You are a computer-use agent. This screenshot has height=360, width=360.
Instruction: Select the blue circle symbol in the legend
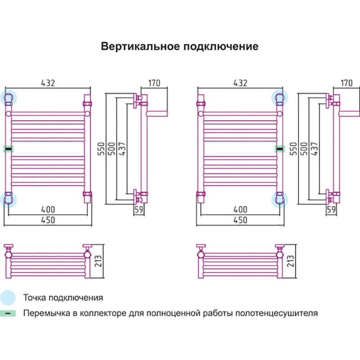8,297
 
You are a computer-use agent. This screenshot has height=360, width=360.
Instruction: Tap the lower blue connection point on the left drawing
9,198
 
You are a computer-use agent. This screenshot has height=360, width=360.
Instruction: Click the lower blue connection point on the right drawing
280,198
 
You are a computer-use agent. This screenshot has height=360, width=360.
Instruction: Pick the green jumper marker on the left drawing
9,148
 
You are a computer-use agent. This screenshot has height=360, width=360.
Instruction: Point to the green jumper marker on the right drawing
279,148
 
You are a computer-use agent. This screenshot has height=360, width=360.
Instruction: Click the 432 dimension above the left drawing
48,83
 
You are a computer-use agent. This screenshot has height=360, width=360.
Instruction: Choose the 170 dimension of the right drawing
346,83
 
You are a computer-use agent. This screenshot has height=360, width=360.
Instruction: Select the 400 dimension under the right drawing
240,209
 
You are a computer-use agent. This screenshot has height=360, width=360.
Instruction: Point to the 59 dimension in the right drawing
332,210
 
